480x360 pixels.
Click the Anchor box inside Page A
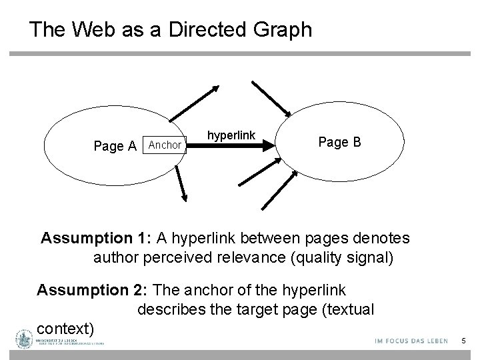pos(165,145)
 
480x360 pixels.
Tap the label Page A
pos(115,146)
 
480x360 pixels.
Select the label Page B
pos(340,142)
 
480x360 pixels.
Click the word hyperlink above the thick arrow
pos(231,135)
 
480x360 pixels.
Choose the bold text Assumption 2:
pos(93,290)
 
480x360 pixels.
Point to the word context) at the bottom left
pos(67,329)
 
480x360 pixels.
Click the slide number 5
pos(463,342)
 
